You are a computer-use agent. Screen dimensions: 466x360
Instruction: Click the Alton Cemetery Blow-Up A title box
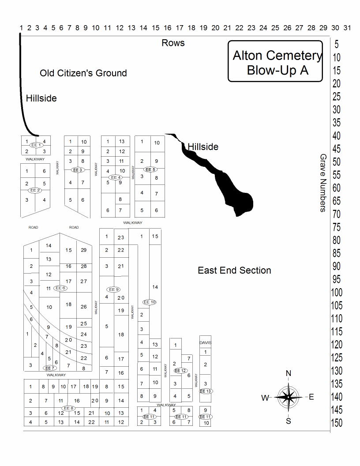pyautogui.click(x=275, y=62)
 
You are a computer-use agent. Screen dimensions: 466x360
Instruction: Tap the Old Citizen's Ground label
pyautogui.click(x=83, y=73)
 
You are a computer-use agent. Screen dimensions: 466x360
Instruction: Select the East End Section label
pyautogui.click(x=234, y=270)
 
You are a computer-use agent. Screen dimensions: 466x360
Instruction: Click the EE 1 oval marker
pyautogui.click(x=36, y=145)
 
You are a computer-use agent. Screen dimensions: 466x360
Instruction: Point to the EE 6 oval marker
pyautogui.click(x=60, y=288)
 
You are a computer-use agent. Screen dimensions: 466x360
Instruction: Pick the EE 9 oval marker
pyautogui.click(x=113, y=289)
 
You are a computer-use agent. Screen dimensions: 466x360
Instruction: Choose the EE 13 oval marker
pyautogui.click(x=206, y=391)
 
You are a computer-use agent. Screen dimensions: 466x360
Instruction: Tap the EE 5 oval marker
pyautogui.click(x=150, y=169)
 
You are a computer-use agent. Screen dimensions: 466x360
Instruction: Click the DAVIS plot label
pyautogui.click(x=205, y=342)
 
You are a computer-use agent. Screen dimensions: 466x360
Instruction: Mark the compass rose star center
pyautogui.click(x=288, y=397)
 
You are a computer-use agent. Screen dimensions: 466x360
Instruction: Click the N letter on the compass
pyautogui.click(x=289, y=374)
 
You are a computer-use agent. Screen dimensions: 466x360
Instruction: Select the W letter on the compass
pyautogui.click(x=265, y=398)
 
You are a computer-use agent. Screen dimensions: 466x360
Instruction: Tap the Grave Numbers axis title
pyautogui.click(x=323, y=183)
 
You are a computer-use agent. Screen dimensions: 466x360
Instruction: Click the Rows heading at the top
pyautogui.click(x=173, y=43)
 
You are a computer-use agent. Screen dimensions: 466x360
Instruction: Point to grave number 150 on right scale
pyautogui.click(x=337, y=423)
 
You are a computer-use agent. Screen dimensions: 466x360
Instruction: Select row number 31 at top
pyautogui.click(x=347, y=28)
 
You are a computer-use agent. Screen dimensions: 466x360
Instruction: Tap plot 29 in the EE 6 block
pyautogui.click(x=84, y=250)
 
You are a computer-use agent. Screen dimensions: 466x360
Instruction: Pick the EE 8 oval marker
pyautogui.click(x=68, y=408)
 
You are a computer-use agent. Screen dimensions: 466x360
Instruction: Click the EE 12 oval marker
pyautogui.click(x=180, y=371)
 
